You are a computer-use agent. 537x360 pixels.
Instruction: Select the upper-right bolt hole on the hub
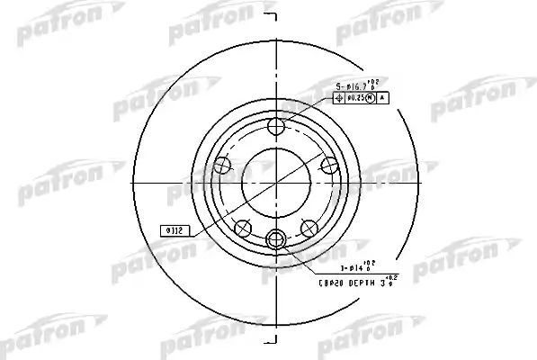(329, 164)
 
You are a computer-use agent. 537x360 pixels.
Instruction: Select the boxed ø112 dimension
(173, 229)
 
